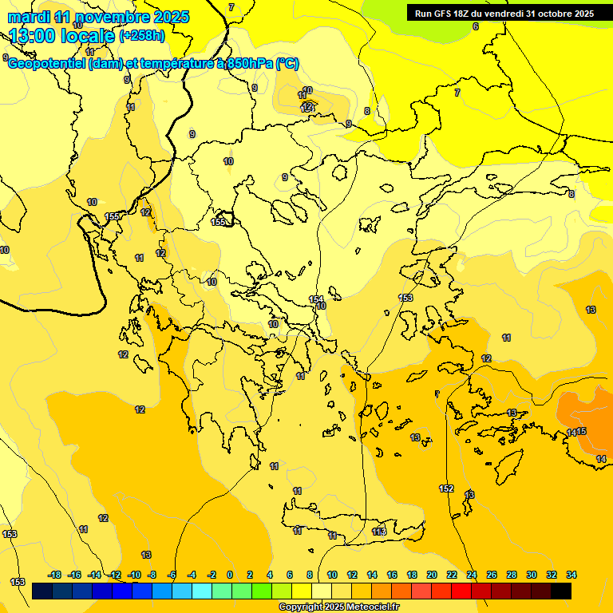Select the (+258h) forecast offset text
pyautogui.click(x=142, y=36)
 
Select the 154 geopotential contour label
pyautogui.click(x=316, y=299)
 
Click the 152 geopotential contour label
pyautogui.click(x=446, y=488)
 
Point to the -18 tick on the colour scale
pyautogui.click(x=54, y=575)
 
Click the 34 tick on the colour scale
pyautogui.click(x=571, y=575)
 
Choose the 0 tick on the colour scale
pyautogui.click(x=230, y=575)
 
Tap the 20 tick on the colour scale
pyautogui.click(x=431, y=575)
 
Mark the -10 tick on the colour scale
pyautogui.click(x=134, y=575)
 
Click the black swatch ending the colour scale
pyautogui.click(x=561, y=591)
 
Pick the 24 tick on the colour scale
pyautogui.click(x=472, y=575)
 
